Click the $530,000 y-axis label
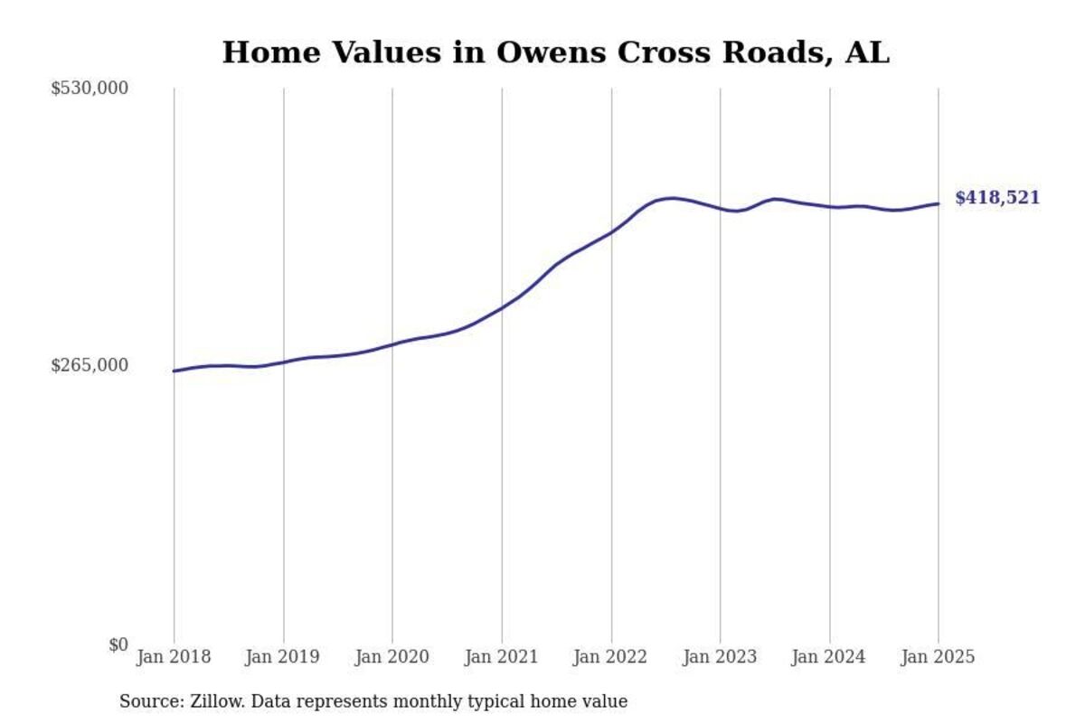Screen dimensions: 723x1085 tap(90, 89)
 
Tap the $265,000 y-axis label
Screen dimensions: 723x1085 tap(90, 365)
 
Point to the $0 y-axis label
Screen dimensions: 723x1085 tap(118, 644)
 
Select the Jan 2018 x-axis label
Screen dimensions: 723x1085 tap(174, 657)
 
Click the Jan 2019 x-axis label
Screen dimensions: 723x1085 tap(283, 657)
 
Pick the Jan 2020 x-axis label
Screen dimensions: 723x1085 tap(392, 657)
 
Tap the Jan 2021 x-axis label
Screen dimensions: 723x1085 tap(502, 657)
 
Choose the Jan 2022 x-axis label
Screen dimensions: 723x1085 tap(611, 657)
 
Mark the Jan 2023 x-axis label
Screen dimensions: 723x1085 tap(721, 657)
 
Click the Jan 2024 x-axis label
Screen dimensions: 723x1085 tap(829, 657)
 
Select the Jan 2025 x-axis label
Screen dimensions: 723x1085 tap(938, 657)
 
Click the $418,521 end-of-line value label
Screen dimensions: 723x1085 tap(997, 199)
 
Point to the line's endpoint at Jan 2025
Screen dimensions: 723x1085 tap(938, 203)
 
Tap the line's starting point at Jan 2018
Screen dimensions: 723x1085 tap(174, 371)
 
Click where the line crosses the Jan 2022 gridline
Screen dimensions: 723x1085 tap(611, 232)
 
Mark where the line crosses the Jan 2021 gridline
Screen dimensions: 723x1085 tap(502, 307)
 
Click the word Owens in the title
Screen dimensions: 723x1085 tap(545, 52)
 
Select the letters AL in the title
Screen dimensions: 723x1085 tap(867, 52)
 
